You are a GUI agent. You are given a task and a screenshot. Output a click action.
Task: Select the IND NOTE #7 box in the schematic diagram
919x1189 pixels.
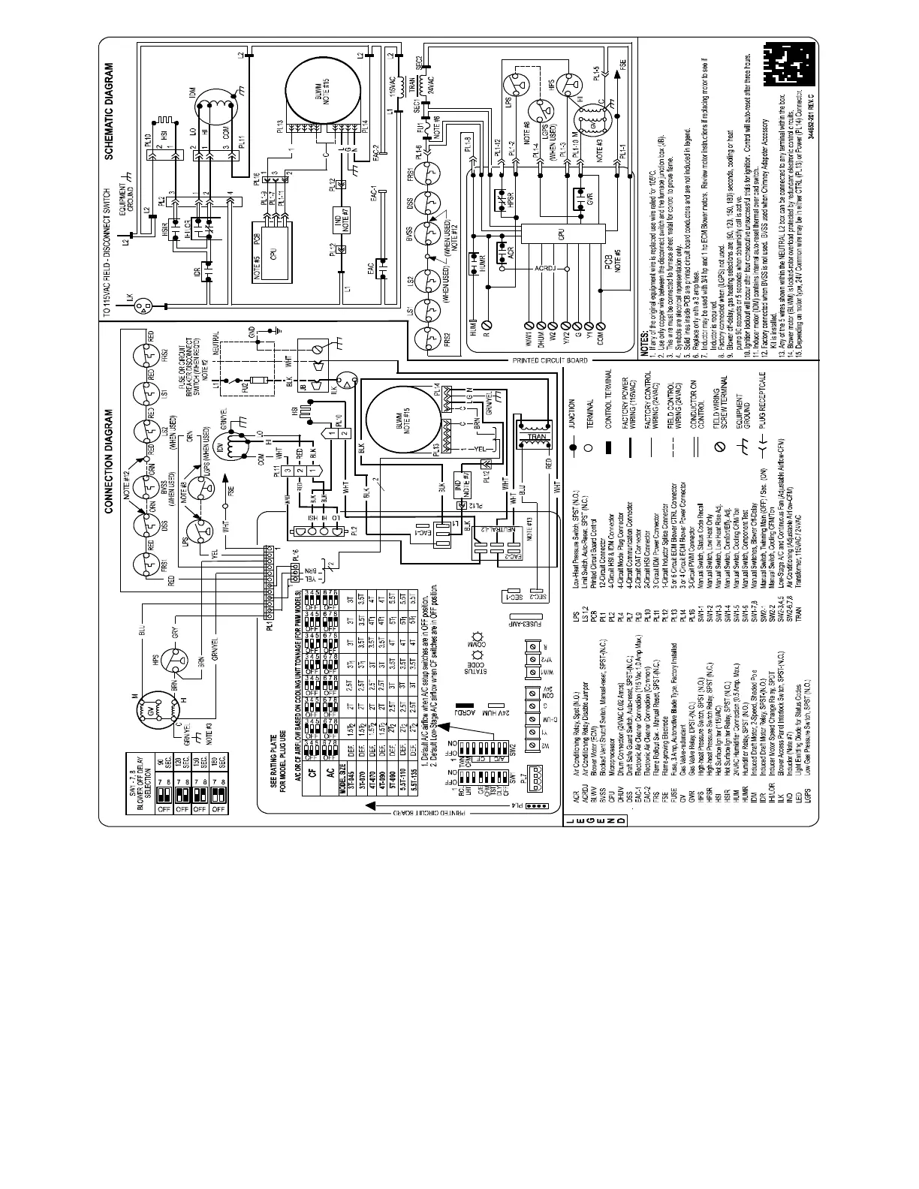click(x=339, y=218)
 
